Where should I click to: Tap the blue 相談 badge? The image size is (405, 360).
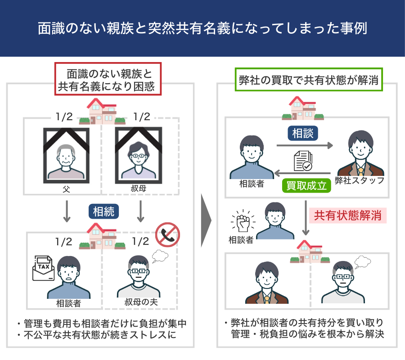(303, 133)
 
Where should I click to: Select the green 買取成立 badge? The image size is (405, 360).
(306, 185)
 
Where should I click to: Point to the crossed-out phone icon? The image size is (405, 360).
(167, 234)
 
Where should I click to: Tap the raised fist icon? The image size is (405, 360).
(241, 221)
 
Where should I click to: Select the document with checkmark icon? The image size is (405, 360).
(303, 161)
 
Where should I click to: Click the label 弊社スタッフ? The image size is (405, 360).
(360, 180)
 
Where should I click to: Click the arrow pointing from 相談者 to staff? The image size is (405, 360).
(304, 145)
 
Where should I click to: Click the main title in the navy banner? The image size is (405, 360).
(202, 28)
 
